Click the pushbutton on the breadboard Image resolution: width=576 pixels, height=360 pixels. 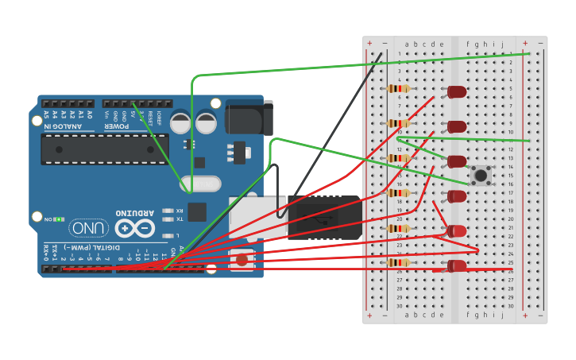pos(480,174)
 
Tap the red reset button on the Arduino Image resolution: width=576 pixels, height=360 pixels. pos(242,259)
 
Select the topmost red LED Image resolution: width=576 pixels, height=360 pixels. pos(457,92)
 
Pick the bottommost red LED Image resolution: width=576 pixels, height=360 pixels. pos(457,265)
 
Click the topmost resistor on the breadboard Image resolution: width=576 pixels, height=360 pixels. pos(398,88)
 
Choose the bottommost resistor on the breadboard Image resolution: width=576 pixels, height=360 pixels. pos(398,262)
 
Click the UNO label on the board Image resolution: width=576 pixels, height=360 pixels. pos(89,228)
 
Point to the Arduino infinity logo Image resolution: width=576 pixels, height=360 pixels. pos(135,229)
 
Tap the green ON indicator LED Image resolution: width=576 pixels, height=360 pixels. pos(58,219)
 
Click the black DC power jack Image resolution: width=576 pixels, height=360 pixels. pos(249,117)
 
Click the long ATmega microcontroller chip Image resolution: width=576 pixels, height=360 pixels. pos(104,149)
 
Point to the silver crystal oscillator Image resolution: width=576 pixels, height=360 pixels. pos(200,184)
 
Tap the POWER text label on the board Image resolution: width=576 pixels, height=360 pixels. pos(116,126)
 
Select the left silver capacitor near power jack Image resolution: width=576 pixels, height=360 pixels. pos(181,123)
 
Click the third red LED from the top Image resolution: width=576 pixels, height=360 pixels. pos(457,161)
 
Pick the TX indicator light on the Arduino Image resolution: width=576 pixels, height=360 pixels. pos(168,219)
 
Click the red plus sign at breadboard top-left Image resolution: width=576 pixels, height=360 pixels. pos(369,43)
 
